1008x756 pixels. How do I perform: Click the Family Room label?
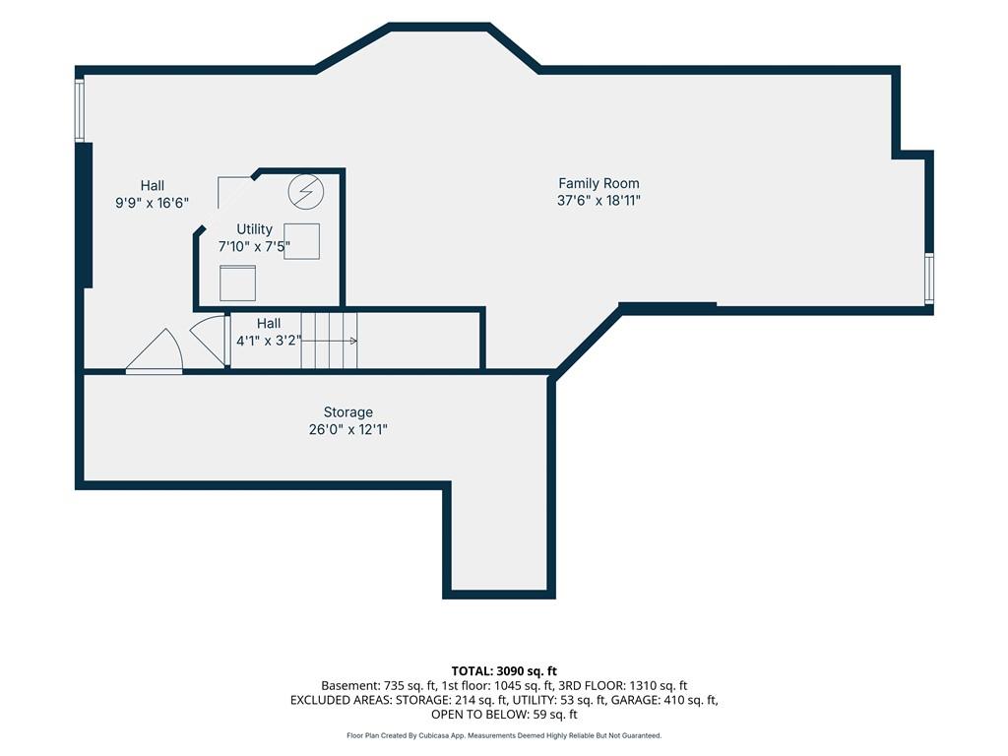point(598,183)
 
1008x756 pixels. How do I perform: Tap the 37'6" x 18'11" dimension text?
point(598,201)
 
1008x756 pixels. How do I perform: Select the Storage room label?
point(347,412)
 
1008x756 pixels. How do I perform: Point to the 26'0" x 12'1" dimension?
point(347,429)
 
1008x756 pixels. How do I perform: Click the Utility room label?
point(255,229)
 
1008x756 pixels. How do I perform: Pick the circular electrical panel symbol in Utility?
point(305,192)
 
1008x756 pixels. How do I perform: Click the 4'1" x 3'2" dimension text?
point(268,341)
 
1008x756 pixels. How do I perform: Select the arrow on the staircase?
point(329,341)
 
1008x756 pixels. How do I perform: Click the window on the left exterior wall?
point(80,109)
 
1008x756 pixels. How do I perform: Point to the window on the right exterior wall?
point(929,278)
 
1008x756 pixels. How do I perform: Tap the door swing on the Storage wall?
point(155,351)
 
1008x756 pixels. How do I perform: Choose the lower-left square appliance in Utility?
point(238,283)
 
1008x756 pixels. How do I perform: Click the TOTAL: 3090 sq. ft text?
point(504,671)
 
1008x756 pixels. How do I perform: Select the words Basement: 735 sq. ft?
point(379,686)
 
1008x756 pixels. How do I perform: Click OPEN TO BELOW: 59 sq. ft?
point(504,715)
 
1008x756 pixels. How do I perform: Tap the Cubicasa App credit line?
point(504,735)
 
